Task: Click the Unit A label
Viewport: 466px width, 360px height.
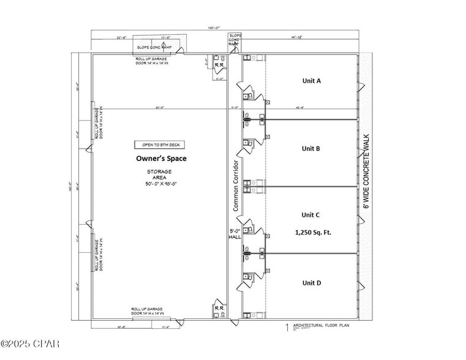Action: click(311, 81)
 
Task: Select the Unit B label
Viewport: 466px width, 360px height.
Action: click(311, 148)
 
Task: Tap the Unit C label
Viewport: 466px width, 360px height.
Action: click(310, 215)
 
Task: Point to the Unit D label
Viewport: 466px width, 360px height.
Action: click(311, 283)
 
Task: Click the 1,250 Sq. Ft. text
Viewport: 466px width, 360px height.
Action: click(310, 233)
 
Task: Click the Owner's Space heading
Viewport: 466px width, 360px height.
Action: click(161, 159)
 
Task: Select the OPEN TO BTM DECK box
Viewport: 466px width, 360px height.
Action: click(159, 145)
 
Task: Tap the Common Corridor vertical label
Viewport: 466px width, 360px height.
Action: click(235, 186)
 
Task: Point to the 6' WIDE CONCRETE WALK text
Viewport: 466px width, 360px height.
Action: click(366, 173)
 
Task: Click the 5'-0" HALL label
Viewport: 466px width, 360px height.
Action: click(235, 234)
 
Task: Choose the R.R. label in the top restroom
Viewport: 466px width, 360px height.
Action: click(218, 63)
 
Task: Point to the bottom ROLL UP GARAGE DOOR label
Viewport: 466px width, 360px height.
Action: click(150, 311)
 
